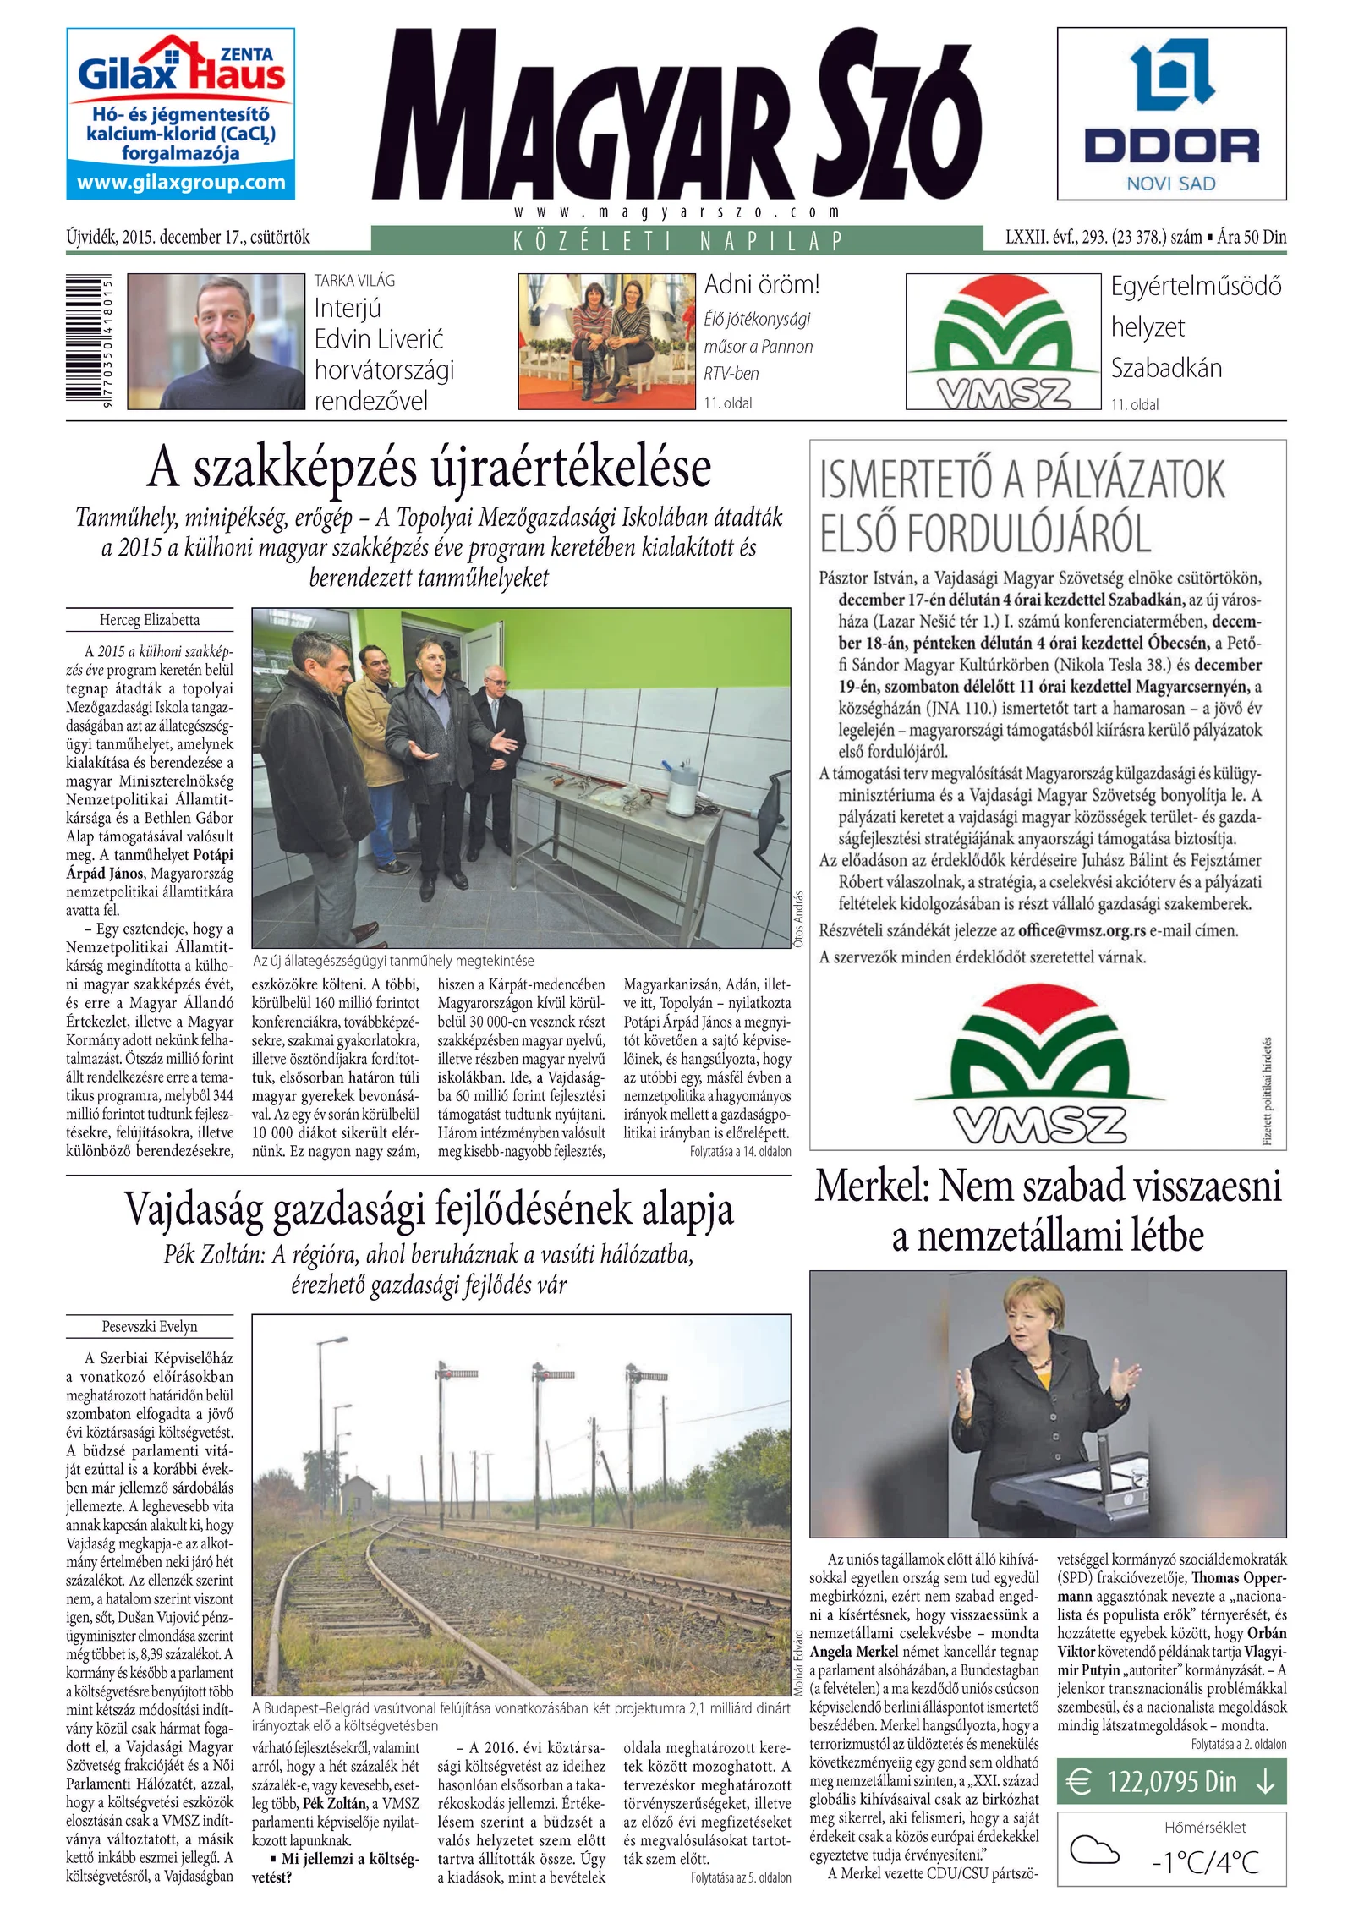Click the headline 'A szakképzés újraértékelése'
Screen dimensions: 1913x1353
[x=429, y=468]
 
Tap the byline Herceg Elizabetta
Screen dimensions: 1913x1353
[x=150, y=620]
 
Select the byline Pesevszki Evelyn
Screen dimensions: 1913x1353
[x=150, y=1326]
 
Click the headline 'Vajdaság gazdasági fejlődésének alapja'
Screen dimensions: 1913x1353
[x=429, y=1209]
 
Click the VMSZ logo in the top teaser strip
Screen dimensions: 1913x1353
[x=1003, y=342]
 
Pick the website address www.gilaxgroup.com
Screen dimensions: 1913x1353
[x=181, y=183]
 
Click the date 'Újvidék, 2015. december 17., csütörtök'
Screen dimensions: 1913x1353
[x=188, y=238]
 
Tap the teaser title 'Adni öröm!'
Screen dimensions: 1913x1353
[x=762, y=285]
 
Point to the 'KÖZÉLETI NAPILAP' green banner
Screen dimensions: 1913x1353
[x=676, y=240]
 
